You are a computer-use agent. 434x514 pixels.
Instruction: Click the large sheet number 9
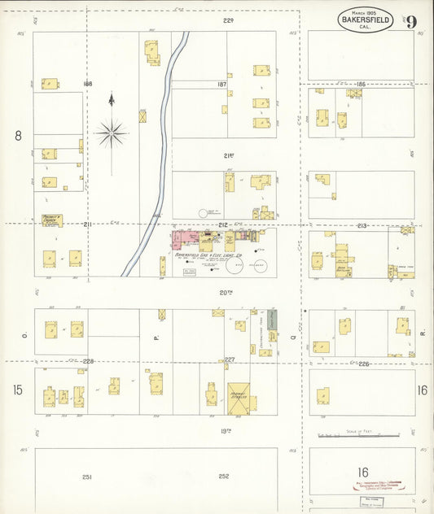414,21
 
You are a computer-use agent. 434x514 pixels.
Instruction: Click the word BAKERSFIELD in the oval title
366,19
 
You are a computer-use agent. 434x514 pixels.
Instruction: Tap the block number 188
88,84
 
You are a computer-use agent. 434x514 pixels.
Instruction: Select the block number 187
221,85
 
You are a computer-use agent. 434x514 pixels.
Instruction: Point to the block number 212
222,224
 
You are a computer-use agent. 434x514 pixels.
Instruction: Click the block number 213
362,224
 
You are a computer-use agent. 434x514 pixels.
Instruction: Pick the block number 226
363,364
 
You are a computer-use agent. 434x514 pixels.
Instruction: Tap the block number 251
87,477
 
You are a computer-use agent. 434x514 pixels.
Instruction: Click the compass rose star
112,132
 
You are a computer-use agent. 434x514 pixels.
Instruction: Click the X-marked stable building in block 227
238,396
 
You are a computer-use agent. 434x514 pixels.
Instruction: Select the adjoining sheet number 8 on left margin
18,136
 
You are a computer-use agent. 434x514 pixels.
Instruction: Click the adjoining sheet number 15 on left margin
18,390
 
